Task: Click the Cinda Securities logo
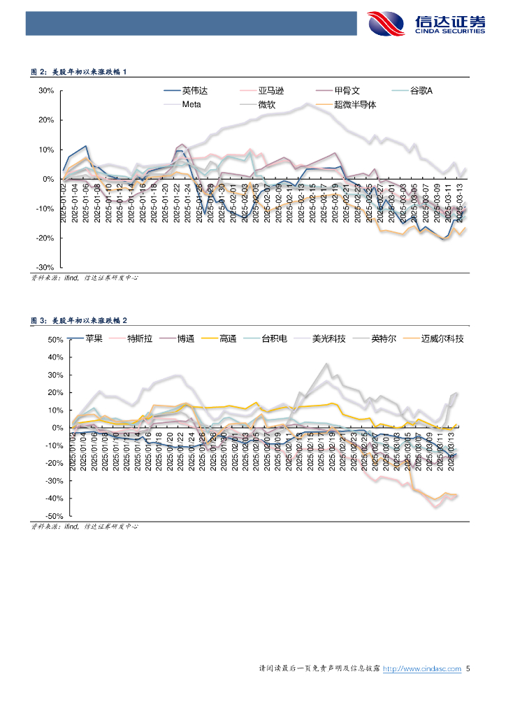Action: tap(426, 23)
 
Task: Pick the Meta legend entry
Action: tap(191, 105)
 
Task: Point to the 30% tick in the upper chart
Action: tap(46, 91)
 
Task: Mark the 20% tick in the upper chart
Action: tap(46, 120)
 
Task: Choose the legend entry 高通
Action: tap(227, 338)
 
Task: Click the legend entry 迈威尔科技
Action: tap(442, 338)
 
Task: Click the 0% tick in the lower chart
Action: tap(57, 428)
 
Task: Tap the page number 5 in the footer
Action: tap(468, 669)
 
